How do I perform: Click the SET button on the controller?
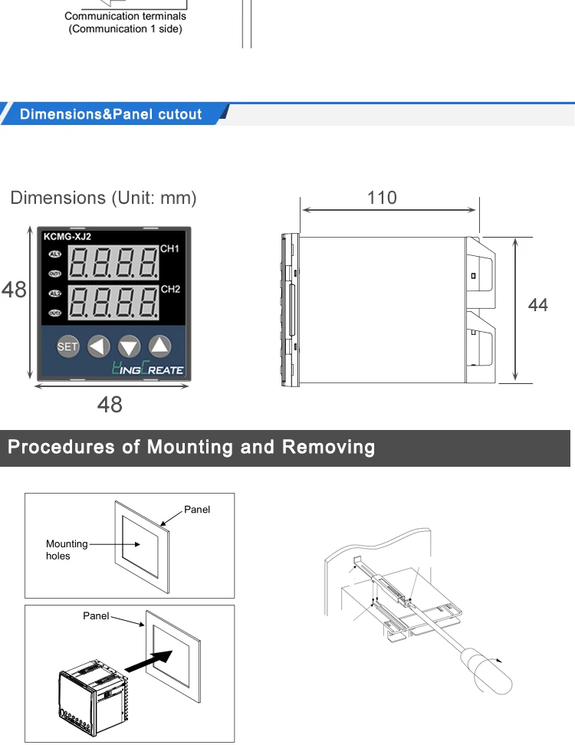click(x=68, y=346)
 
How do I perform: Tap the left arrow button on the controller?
click(x=99, y=346)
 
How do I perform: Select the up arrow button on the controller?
click(x=159, y=346)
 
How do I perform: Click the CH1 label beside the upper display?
click(x=170, y=249)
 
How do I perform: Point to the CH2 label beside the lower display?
click(x=170, y=289)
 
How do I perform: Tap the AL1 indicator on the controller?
click(x=55, y=254)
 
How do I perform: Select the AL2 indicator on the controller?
click(x=55, y=293)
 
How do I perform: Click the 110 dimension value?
click(x=382, y=198)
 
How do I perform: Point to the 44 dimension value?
click(x=538, y=305)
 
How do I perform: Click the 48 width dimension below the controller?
click(x=110, y=405)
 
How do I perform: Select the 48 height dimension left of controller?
click(x=14, y=290)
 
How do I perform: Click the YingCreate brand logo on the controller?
click(x=148, y=369)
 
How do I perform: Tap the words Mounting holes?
click(x=67, y=550)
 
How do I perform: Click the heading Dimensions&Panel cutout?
click(x=111, y=114)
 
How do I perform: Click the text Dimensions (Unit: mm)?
click(x=103, y=198)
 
